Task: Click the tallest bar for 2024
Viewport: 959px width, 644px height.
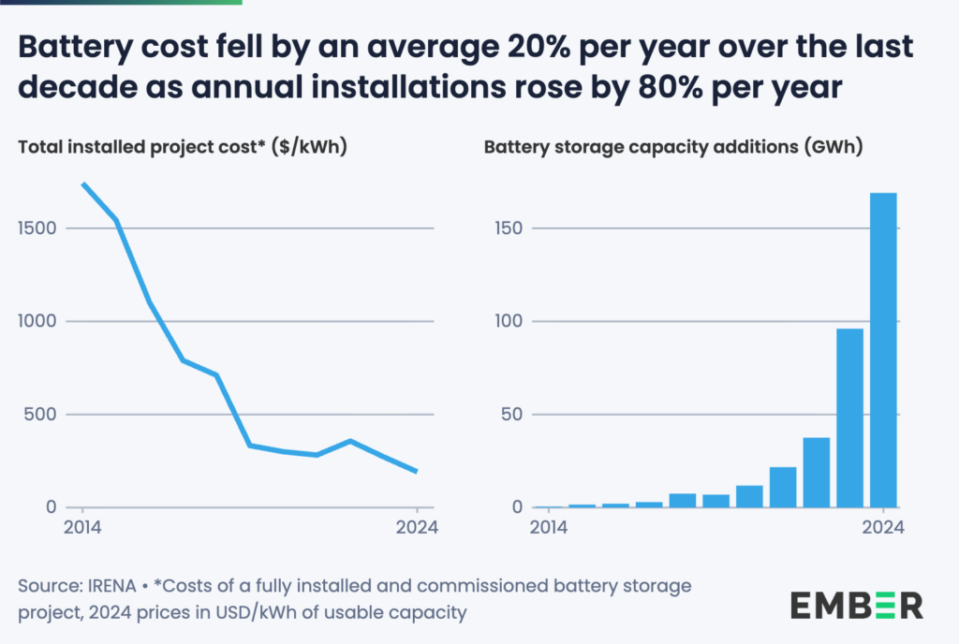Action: pos(883,350)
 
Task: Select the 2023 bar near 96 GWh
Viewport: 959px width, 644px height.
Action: pos(849,417)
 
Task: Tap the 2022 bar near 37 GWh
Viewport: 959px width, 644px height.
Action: pos(816,472)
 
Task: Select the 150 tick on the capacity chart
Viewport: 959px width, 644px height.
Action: pos(509,228)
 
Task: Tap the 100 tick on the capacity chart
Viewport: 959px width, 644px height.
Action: pos(509,321)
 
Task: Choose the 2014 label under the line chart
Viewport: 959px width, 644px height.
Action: pos(81,527)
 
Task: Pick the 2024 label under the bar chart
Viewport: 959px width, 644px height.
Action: pos(883,527)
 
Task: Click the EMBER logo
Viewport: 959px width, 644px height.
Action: pos(856,604)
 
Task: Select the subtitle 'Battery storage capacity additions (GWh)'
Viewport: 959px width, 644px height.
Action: pos(672,147)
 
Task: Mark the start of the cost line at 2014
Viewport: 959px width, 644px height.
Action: pos(82,183)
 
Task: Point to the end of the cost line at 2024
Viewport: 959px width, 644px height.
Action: pos(416,471)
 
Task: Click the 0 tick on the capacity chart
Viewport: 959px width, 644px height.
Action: pos(520,507)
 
